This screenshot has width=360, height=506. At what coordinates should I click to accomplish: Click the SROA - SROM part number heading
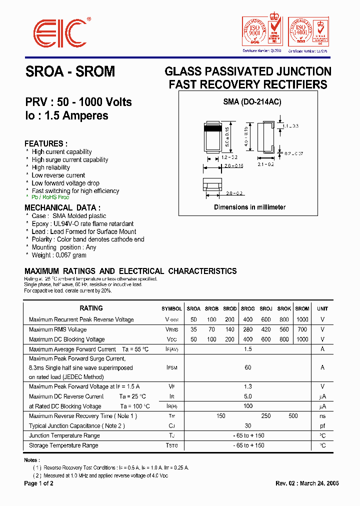pos(70,72)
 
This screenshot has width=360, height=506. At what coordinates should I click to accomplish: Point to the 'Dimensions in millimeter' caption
pos(250,207)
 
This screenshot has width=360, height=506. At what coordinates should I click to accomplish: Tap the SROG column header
pos(247,308)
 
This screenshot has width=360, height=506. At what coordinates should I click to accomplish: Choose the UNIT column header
pos(322,308)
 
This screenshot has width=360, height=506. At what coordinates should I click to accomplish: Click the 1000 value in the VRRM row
pos(302,319)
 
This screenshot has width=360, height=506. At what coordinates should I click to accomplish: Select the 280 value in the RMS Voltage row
pos(247,329)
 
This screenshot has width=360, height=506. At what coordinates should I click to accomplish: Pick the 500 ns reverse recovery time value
pos(293,416)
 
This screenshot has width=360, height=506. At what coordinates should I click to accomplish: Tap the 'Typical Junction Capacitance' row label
pos(77,426)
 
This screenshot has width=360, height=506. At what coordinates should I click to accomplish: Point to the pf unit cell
pos(322,426)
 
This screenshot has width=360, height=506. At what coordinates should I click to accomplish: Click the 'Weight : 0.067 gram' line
pos(59,255)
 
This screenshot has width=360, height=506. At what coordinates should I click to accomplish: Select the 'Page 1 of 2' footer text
pos(39,483)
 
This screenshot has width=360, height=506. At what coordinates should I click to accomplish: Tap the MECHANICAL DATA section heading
pos(62,207)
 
